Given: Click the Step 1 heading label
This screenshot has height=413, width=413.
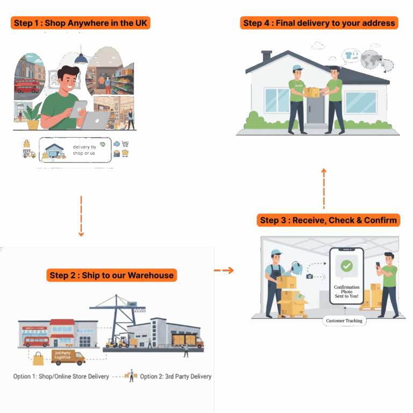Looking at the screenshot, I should tap(79, 23).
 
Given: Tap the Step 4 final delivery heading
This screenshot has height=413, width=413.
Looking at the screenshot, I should tap(319, 23).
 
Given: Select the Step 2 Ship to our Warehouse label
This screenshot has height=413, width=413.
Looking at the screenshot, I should tap(112, 275).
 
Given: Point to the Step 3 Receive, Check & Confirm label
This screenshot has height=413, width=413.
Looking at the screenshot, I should tap(328, 220).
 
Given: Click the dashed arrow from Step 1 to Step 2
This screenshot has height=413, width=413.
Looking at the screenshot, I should tap(81, 215).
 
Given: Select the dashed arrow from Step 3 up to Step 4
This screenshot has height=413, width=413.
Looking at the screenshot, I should tap(324, 188).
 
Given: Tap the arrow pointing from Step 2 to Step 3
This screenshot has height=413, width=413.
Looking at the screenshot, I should tap(225, 270).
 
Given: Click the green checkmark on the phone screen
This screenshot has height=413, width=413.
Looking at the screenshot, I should tap(347, 266).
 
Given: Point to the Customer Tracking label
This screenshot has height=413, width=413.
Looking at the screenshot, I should tap(344, 321).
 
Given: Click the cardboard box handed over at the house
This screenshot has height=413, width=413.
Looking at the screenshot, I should tap(311, 92).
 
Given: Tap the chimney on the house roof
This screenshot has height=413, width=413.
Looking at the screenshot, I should tap(267, 57).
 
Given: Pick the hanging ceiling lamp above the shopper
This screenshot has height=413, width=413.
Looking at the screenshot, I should tap(81, 58).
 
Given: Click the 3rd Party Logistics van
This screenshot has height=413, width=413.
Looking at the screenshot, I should tap(68, 357).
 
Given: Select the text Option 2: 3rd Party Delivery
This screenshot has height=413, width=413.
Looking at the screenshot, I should tap(176, 376).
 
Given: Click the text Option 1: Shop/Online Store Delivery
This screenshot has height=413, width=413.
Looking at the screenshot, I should tap(61, 376).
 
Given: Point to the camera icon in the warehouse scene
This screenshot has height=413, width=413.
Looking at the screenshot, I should tap(309, 276).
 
